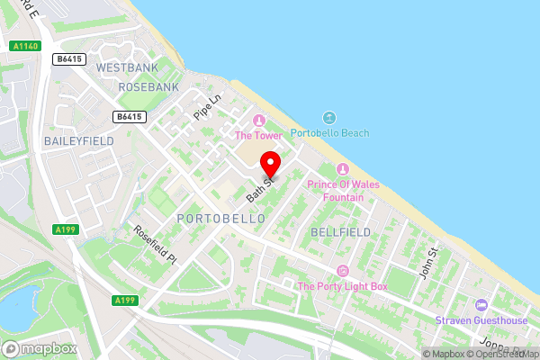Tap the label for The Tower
(x=258, y=136)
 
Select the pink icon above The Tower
(x=259, y=121)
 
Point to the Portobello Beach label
(x=329, y=133)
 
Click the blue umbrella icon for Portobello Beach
(x=328, y=118)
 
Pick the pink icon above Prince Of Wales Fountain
(x=341, y=169)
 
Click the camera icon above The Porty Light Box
(x=341, y=271)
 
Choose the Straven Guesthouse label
(x=481, y=320)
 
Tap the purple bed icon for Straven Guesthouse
(x=481, y=305)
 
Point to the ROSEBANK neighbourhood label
(x=148, y=87)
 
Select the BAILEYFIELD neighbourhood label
(x=77, y=141)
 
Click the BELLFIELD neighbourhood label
(x=340, y=232)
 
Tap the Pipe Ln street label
(x=207, y=108)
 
